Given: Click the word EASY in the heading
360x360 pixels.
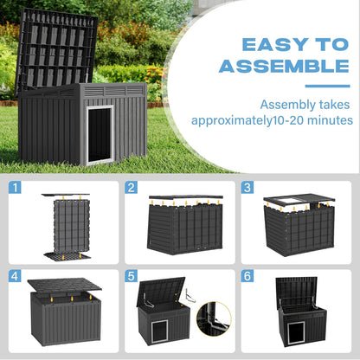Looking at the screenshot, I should pos(259,43).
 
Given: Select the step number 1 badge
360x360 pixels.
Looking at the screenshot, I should pos(16,188).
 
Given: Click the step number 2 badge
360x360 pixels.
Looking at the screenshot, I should pos(132,188).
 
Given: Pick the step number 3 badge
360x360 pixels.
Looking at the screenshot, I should pos(247,188).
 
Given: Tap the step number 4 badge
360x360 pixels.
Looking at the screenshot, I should pos(16,277).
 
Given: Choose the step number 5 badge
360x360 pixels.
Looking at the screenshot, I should pos(132,277).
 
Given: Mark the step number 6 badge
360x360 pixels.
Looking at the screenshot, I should pos(247,277).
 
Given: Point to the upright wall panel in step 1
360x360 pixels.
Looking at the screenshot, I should pos(65,227).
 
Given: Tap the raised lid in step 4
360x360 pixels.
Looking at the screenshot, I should pos(65,287).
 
